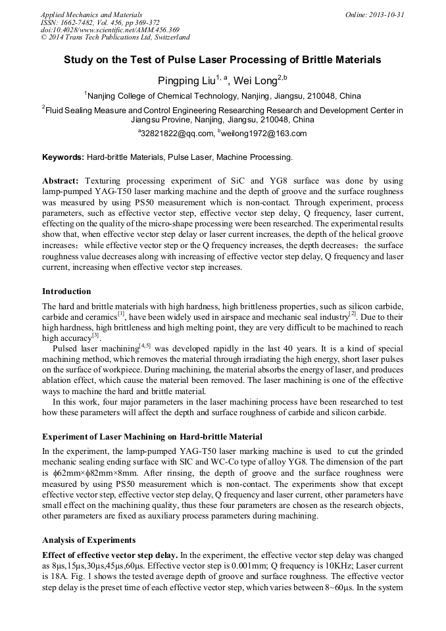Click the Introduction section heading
pos(66,291)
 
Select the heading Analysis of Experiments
pos(89,540)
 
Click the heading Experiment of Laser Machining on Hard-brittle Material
pos(152,437)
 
